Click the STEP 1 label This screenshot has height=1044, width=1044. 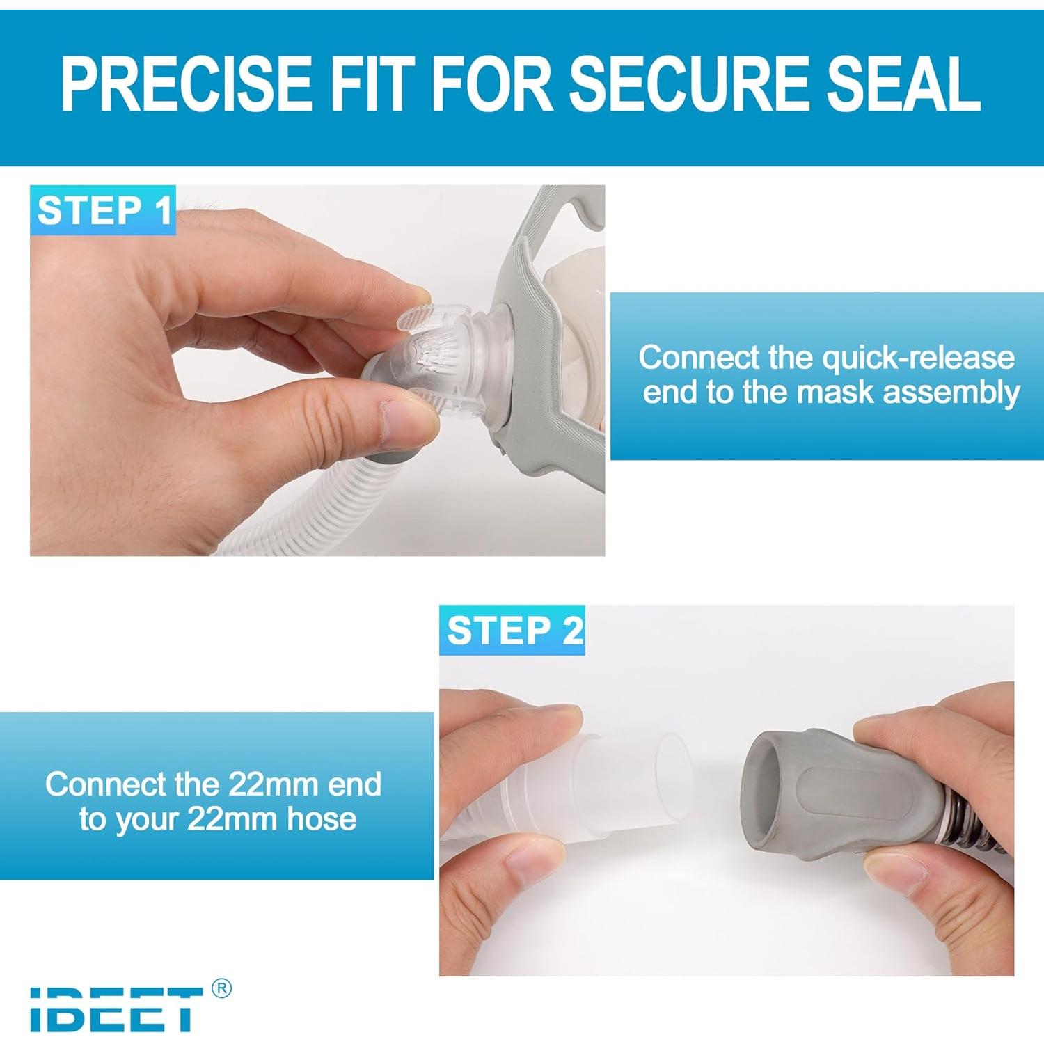point(104,210)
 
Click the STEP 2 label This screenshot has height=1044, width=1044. point(513,631)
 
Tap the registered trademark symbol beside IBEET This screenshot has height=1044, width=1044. point(221,988)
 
